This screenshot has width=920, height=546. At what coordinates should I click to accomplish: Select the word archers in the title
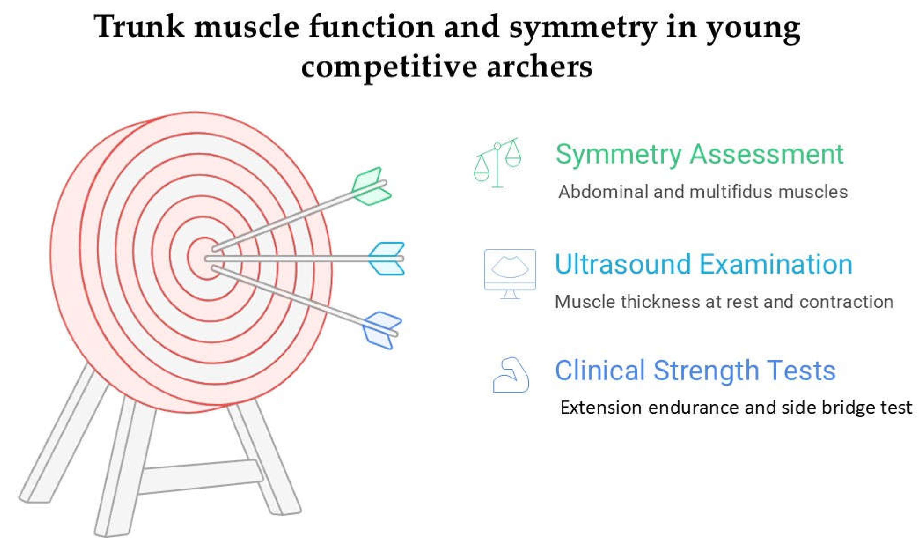tap(539, 67)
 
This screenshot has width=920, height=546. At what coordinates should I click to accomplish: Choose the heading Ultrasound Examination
tap(703, 264)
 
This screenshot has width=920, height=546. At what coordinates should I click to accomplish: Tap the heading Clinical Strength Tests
tap(695, 371)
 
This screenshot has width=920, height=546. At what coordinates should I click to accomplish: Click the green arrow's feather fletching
tap(371, 186)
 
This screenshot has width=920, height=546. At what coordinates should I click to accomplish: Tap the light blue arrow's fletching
tap(386, 259)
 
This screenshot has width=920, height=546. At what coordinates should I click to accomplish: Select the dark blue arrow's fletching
tap(382, 330)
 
